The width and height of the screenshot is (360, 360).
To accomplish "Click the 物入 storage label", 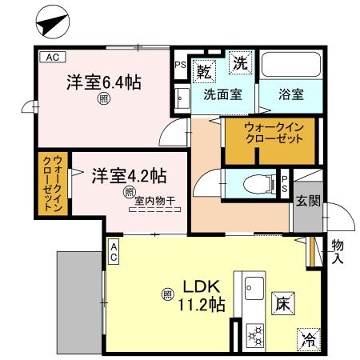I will (337, 251).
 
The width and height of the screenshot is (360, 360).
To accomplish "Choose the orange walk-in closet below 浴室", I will (270, 135).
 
